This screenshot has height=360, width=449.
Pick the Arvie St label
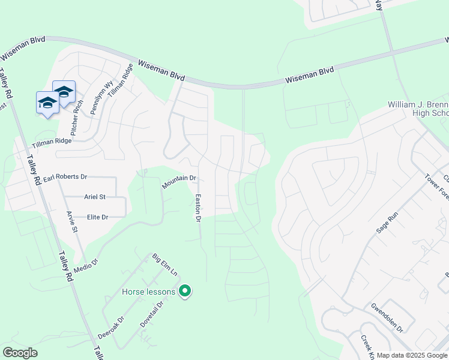pyautogui.click(x=72, y=221)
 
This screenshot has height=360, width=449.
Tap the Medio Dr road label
pyautogui.click(x=86, y=264)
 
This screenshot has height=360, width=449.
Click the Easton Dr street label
pyautogui.click(x=196, y=208)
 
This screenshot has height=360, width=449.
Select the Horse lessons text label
pyautogui.click(x=148, y=292)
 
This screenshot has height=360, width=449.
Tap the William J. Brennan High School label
pyautogui.click(x=418, y=109)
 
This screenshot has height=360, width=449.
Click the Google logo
pyautogui.click(x=20, y=353)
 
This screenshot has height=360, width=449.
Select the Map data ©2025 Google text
pyautogui.click(x=412, y=355)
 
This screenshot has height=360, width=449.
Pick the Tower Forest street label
pyautogui.click(x=437, y=187)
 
